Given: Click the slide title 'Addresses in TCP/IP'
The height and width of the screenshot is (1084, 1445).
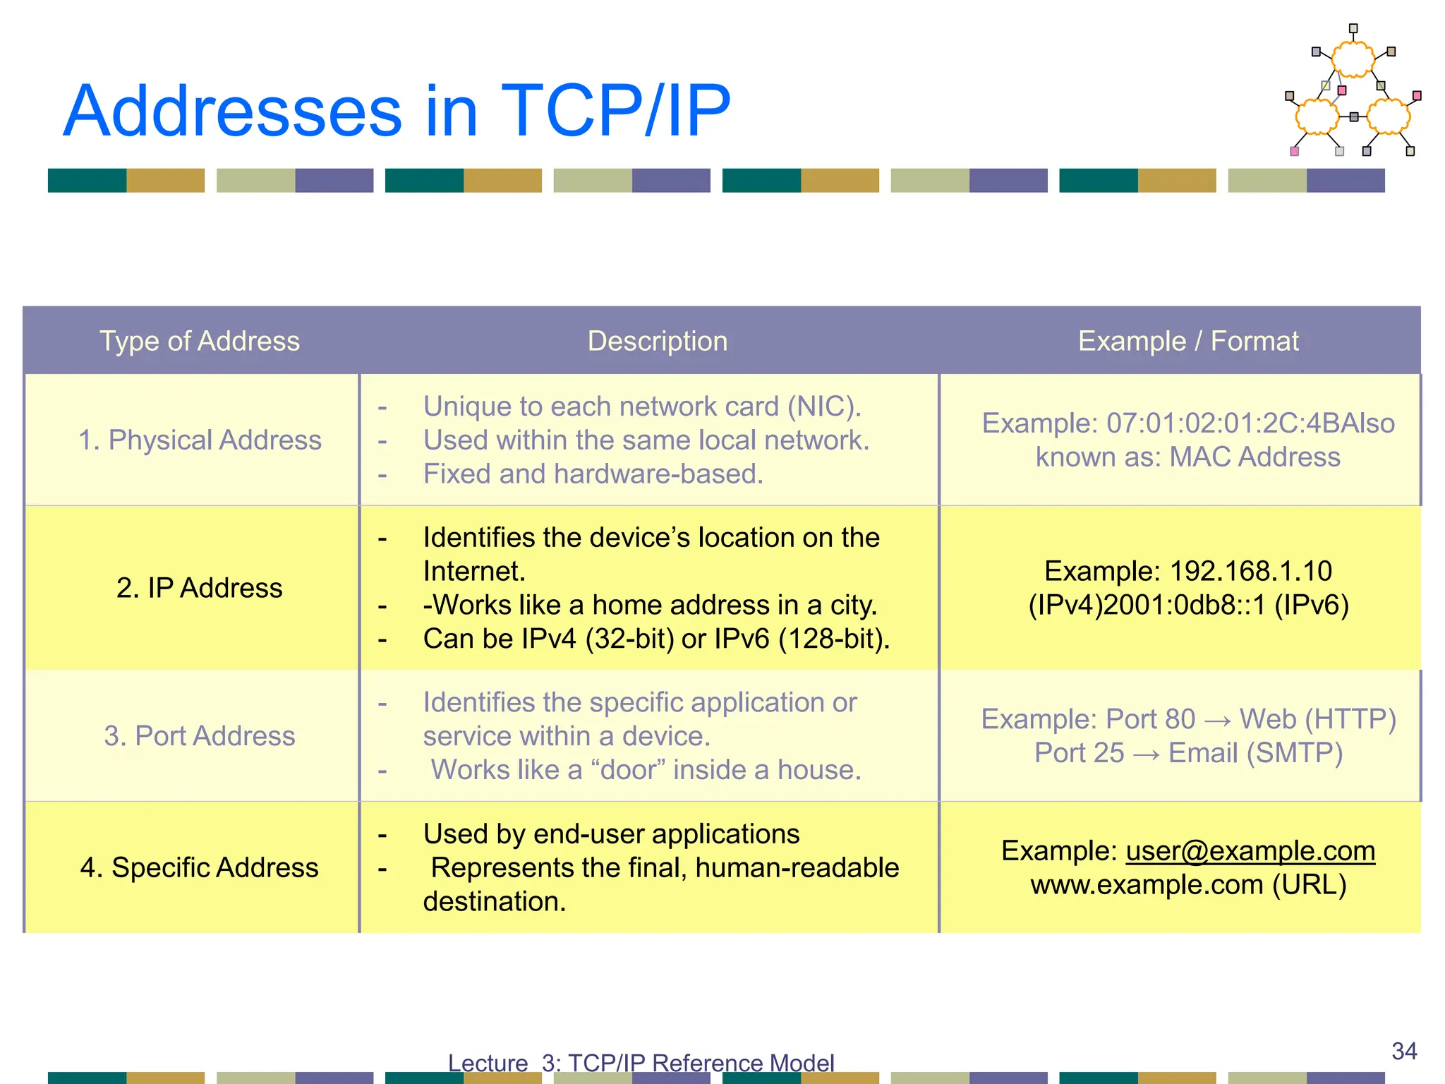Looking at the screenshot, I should pos(397,111).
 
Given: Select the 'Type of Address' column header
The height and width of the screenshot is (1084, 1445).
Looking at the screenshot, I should pos(200,341).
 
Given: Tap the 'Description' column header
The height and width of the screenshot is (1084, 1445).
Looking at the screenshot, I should pos(657,341).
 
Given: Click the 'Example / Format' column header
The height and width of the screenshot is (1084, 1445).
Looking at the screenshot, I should pos(1188,341).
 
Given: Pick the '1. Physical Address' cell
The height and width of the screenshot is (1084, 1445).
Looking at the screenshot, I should pos(200,440).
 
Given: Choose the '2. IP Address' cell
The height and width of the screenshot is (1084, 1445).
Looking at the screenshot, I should pos(200,588).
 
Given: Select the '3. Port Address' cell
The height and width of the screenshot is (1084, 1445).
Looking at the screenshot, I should pos(200,736).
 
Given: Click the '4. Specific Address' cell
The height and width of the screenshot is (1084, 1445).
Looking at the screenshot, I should pos(200,867).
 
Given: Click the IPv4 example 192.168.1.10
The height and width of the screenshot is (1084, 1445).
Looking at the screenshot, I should pos(1250,571).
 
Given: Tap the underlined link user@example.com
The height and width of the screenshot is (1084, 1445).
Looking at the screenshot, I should pos(1250,851).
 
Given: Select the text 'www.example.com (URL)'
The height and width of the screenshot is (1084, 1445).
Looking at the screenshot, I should pos(1188,885).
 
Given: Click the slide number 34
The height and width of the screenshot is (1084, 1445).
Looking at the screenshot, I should pos(1404,1051).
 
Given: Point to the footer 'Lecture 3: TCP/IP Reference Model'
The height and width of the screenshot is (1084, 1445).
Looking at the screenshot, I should pos(641,1063).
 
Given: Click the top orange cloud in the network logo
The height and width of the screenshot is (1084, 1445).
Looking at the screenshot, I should pos(1353,59).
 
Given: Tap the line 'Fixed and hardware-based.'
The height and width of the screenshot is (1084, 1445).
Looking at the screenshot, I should pos(593,474).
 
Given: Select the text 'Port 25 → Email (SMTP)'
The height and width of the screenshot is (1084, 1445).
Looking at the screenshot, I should pos(1188,753).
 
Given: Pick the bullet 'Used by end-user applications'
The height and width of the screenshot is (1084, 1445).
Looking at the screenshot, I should pos(611,834).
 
